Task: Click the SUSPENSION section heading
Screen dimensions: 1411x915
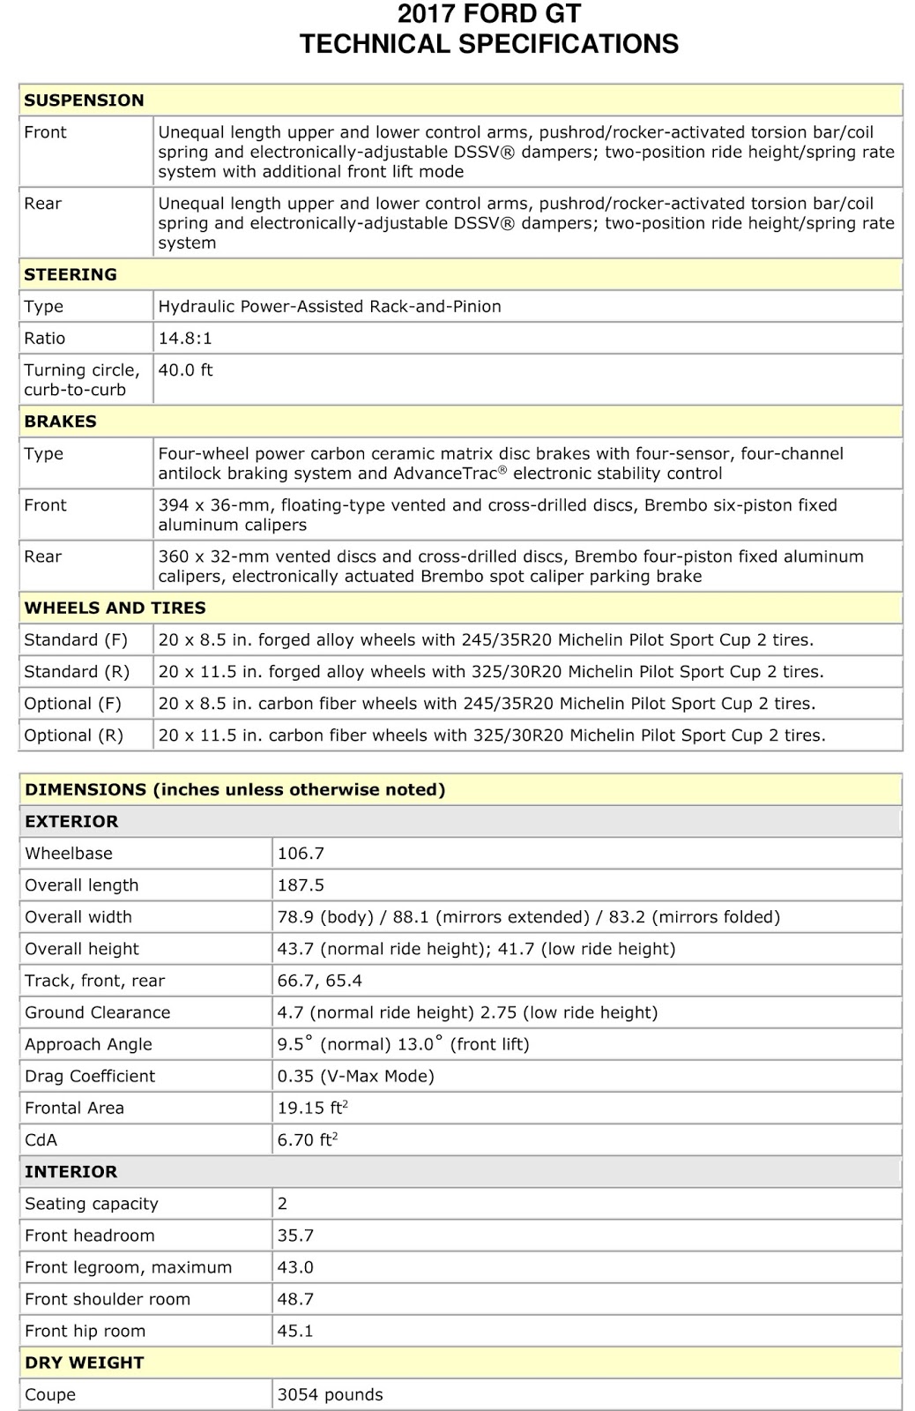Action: pos(84,101)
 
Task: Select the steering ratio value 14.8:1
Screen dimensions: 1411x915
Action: pos(185,339)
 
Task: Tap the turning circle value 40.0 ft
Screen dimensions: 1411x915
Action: pos(185,370)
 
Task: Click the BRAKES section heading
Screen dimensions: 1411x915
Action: pos(60,422)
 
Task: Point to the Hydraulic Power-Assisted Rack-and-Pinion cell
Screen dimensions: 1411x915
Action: pos(330,307)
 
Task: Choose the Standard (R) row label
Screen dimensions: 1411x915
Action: pos(77,672)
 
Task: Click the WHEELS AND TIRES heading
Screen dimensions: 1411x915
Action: pos(115,608)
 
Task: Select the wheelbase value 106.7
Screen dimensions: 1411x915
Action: pos(301,854)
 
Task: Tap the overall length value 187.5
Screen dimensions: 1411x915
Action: pos(301,885)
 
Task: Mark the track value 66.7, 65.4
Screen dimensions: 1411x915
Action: pos(320,981)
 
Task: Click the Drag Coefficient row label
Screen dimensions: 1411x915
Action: pos(90,1076)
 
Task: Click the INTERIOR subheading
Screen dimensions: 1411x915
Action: pos(71,1172)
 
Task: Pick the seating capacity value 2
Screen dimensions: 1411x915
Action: pos(282,1204)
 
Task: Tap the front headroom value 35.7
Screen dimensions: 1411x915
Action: pos(295,1236)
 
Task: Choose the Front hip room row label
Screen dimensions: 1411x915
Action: pos(85,1331)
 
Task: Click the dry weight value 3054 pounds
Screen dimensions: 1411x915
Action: pos(331,1395)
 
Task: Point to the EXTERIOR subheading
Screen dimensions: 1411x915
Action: pos(71,822)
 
